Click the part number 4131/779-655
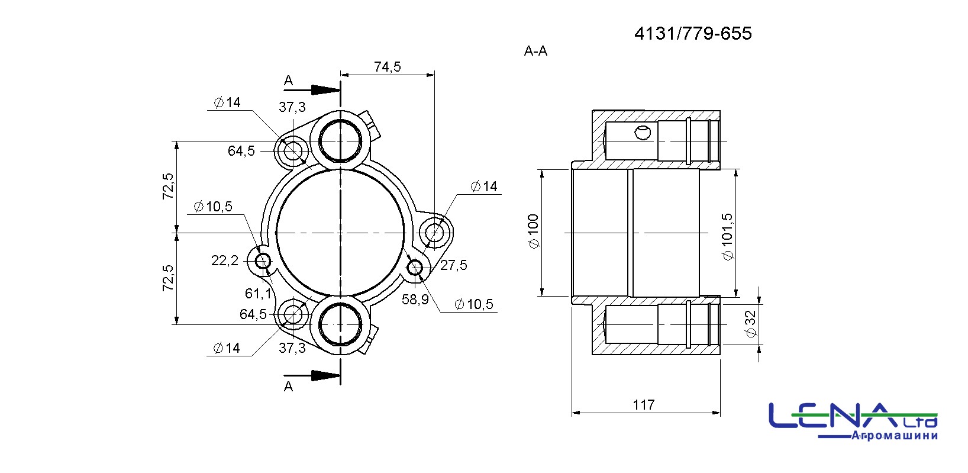693,34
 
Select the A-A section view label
535,51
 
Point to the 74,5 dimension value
387,66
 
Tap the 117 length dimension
644,405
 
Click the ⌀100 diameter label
534,231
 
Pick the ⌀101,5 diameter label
728,237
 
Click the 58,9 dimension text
415,299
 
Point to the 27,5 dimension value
453,265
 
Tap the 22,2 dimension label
225,260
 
